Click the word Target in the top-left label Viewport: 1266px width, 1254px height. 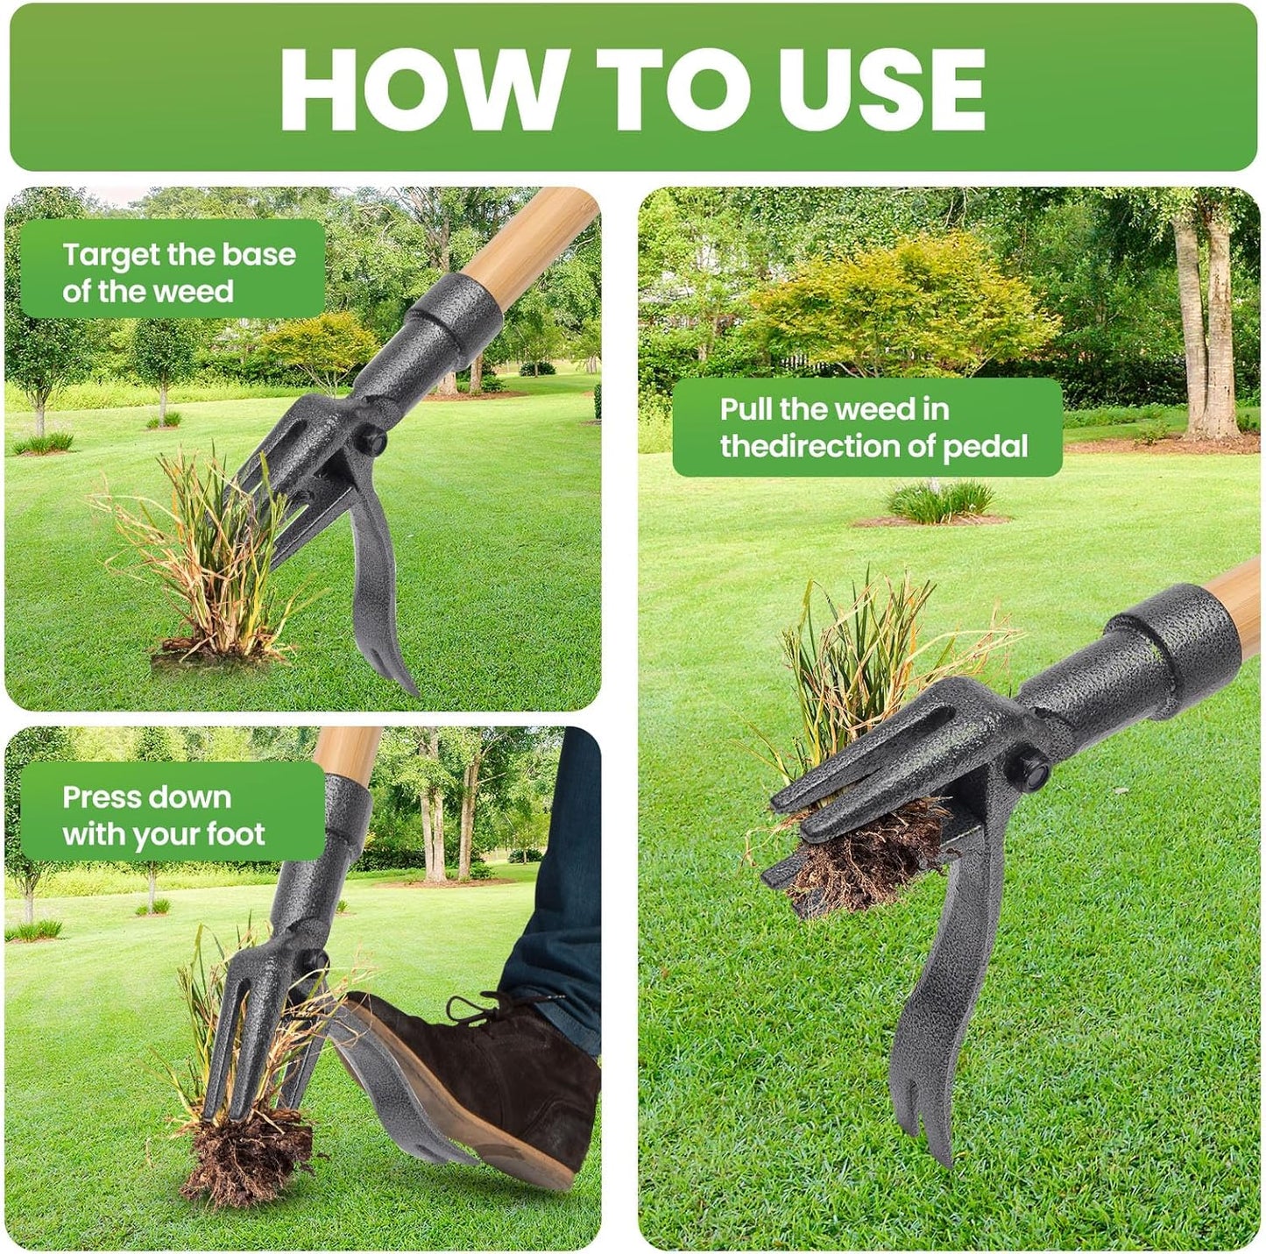112,255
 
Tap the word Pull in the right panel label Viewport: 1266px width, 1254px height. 747,409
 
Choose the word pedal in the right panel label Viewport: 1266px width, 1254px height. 985,446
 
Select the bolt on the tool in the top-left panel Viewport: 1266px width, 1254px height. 371,441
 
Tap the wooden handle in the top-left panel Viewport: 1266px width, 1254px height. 526,241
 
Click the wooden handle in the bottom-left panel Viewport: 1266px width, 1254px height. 346,749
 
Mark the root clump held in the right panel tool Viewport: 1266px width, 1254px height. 863,859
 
